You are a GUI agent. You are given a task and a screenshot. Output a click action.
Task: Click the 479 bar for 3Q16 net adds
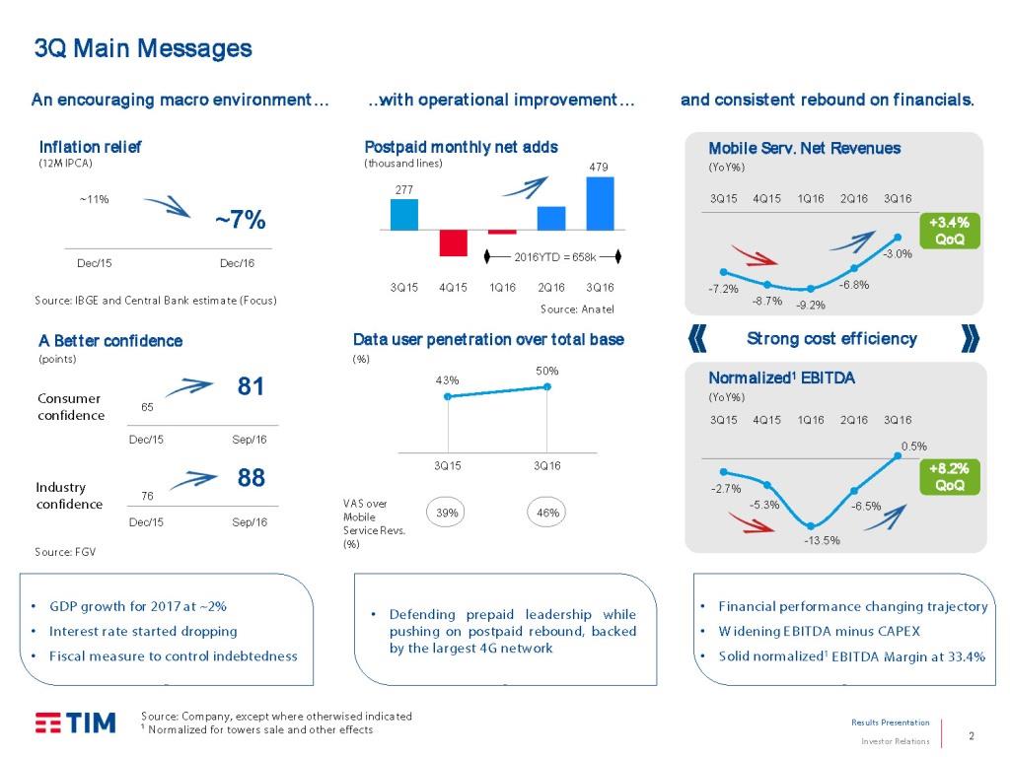[600, 203]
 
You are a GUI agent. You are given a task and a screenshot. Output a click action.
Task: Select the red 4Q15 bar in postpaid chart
[453, 242]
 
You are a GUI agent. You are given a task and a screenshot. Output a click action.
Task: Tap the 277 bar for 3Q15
[404, 214]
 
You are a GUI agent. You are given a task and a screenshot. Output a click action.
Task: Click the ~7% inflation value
[240, 220]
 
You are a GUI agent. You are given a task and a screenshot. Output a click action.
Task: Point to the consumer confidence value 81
[252, 387]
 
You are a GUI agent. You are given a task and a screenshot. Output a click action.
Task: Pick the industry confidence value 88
[252, 478]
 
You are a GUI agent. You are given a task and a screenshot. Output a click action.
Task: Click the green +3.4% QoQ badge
[949, 231]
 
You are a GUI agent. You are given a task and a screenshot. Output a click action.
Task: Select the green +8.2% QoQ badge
[949, 477]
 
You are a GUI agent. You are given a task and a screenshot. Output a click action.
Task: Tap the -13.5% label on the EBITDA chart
[822, 540]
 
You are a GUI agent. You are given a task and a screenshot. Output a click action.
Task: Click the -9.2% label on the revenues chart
[811, 306]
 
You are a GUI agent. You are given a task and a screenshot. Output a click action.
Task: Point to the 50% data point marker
[547, 386]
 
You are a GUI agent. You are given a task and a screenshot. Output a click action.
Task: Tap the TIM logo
[76, 723]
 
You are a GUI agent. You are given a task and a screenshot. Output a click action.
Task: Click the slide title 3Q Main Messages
[143, 48]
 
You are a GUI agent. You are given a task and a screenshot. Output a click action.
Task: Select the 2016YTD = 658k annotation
[554, 257]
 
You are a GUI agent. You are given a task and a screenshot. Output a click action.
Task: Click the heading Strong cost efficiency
[831, 339]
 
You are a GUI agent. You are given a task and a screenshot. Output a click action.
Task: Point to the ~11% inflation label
[94, 199]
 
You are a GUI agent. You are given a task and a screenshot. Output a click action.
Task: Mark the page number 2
[972, 735]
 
